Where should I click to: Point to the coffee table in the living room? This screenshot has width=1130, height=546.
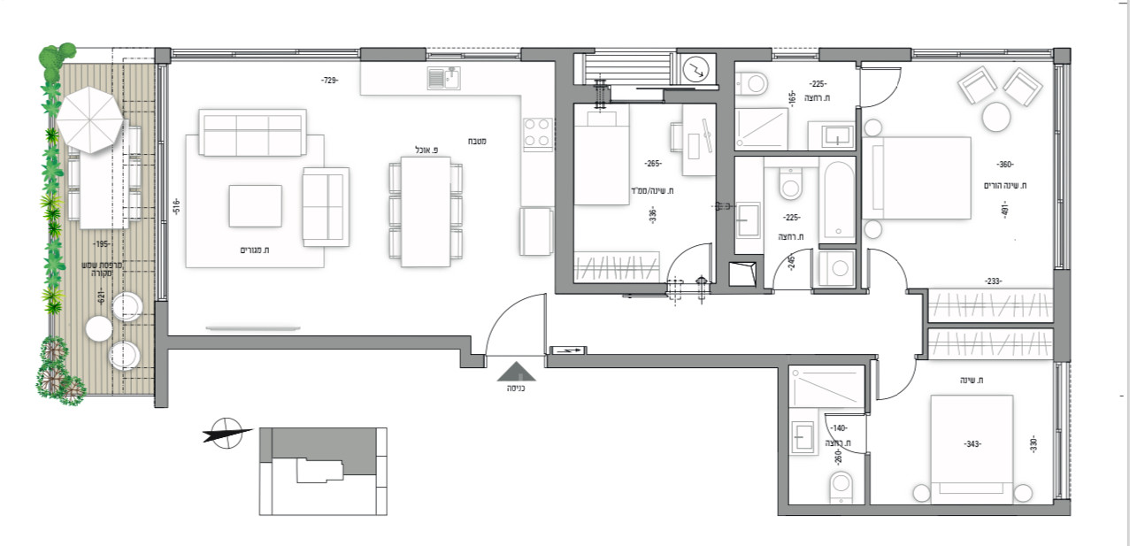pos(255,205)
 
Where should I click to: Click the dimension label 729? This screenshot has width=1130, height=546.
pos(329,81)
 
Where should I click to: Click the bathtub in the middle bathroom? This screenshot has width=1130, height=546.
pos(837,201)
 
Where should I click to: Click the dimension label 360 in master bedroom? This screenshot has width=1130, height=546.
pos(1004,165)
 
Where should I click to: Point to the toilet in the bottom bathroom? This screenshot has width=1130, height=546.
pos(840,486)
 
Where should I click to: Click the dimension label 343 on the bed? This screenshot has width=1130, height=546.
pos(972,443)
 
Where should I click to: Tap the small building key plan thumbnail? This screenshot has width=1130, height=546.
pos(323,470)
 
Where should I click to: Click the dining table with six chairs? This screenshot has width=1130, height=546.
pos(426,212)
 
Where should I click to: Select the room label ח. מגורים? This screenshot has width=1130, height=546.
pos(255,250)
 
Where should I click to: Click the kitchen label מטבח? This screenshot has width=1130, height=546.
pos(477,141)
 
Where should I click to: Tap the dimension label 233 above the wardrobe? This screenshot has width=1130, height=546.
pos(993,281)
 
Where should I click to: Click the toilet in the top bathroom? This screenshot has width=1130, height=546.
pos(755,85)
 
